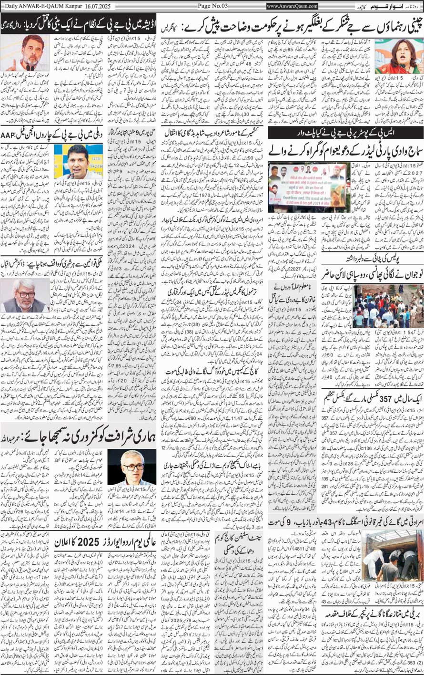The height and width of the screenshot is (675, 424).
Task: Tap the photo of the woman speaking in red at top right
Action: coord(392,56)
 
